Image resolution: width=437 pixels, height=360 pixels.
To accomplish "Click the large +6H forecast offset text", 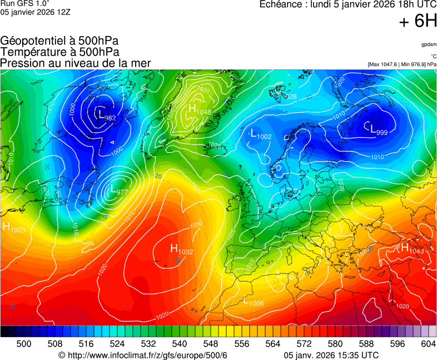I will point(418,21).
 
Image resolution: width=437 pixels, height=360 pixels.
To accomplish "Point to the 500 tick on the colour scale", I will point(24,344).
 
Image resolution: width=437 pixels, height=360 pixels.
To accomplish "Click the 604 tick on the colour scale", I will point(428,344).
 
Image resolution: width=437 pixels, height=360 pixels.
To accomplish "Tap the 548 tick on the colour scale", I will point(195,344).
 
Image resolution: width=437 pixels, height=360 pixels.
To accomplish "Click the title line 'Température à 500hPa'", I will point(59,52).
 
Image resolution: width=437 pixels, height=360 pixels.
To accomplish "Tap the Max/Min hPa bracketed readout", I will point(402,64).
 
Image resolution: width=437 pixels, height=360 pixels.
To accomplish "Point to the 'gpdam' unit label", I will point(428,44).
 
